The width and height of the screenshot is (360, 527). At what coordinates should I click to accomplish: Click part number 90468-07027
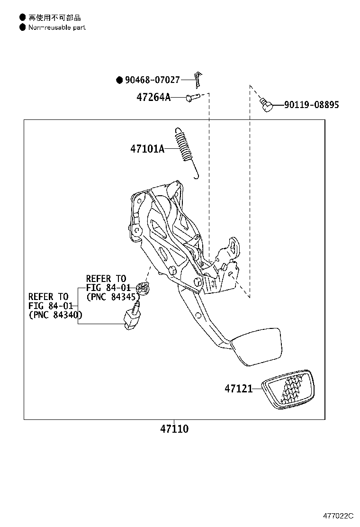click(x=153, y=81)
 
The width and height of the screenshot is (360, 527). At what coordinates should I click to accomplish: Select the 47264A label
click(x=153, y=98)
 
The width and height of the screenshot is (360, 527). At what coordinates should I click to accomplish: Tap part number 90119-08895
click(x=311, y=105)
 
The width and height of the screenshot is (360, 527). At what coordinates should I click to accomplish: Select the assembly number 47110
click(x=174, y=429)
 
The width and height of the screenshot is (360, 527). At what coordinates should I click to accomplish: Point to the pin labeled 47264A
click(x=191, y=98)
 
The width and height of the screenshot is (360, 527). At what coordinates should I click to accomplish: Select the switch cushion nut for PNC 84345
click(x=142, y=289)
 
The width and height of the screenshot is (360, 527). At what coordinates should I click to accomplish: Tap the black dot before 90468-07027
click(x=119, y=81)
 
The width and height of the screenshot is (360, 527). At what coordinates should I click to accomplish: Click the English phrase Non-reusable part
click(x=56, y=27)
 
